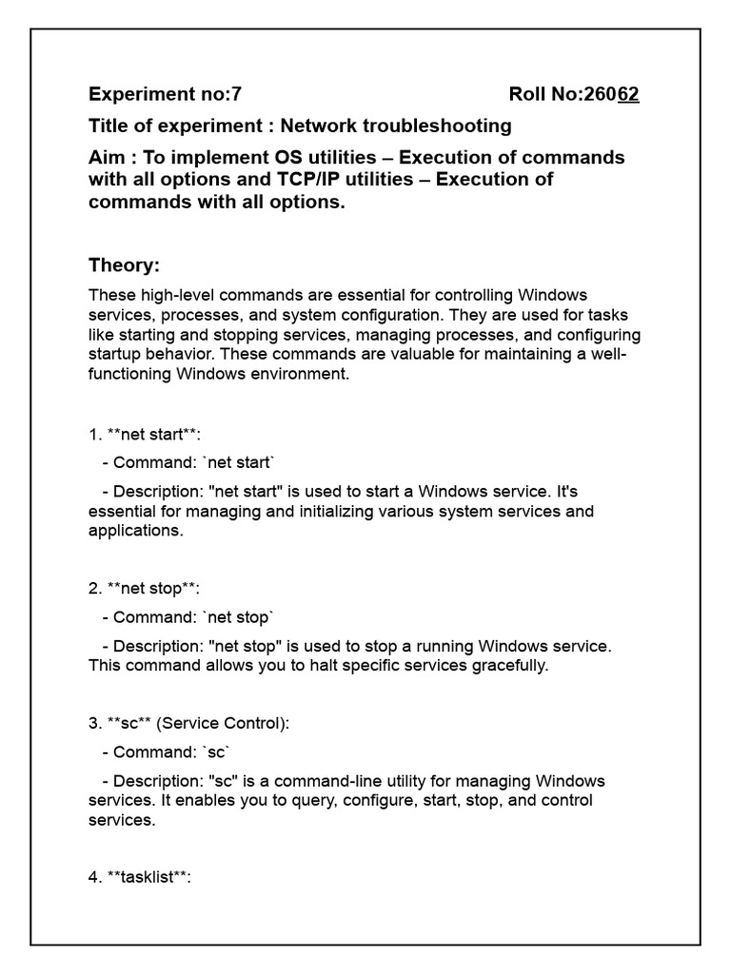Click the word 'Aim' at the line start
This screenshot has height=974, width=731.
pos(107,157)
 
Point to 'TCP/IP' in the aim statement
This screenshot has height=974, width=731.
pos(272,179)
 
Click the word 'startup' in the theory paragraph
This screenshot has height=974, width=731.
pos(115,355)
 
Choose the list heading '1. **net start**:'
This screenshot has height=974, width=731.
pos(145,436)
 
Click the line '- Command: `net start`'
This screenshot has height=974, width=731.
pos(187,463)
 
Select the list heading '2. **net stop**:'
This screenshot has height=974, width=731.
pos(144,589)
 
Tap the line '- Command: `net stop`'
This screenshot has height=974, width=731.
pos(187,616)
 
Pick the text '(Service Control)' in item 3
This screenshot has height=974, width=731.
pos(224,723)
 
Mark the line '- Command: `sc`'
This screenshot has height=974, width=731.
pos(166,751)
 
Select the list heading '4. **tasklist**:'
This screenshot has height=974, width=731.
pos(140,877)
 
